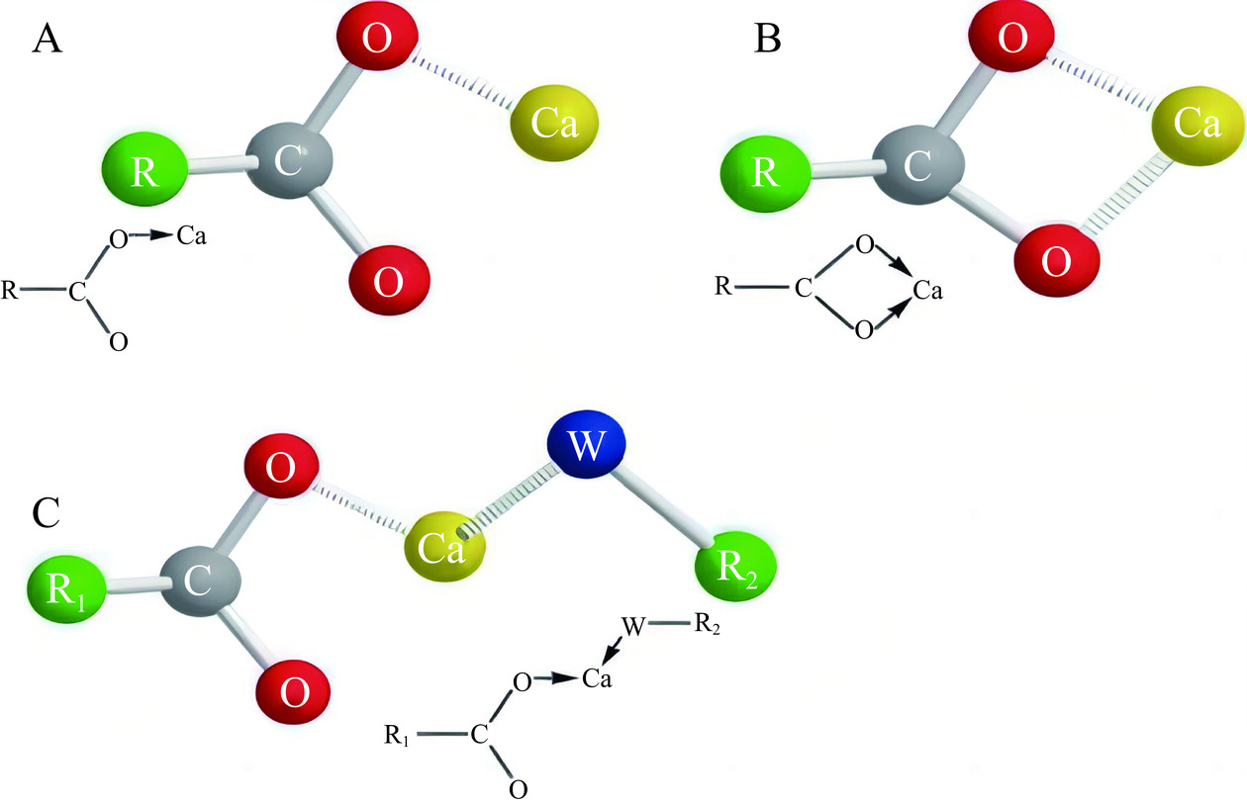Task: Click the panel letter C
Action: tap(49, 512)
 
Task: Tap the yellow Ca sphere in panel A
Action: tap(555, 121)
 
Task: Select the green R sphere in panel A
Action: tap(144, 169)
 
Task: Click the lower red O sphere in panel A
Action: tap(389, 279)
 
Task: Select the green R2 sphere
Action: tap(734, 570)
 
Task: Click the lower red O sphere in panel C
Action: tap(294, 688)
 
